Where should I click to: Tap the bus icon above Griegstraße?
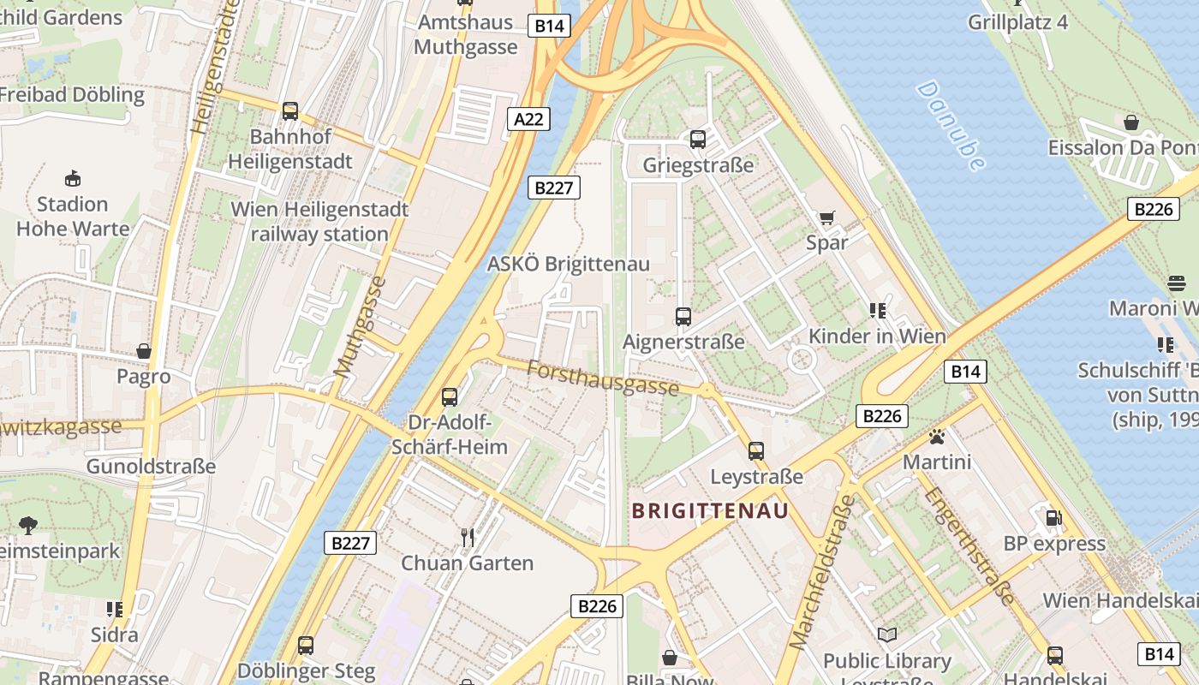click(698, 139)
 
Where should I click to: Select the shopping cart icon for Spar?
click(826, 217)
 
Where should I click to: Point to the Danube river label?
click(951, 126)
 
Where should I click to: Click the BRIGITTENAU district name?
click(709, 511)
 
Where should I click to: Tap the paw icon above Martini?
click(937, 438)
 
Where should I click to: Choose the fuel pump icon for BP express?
click(1053, 518)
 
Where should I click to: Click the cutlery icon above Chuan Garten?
click(468, 538)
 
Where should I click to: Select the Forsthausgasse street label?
click(603, 378)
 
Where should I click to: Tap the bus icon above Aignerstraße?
click(683, 317)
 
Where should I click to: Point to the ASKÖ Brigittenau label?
click(568, 264)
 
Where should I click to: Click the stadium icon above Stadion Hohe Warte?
click(73, 179)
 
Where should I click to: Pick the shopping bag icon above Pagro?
click(144, 351)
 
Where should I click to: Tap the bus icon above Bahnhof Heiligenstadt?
click(290, 111)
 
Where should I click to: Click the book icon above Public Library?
click(887, 635)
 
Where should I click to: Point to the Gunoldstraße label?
click(151, 467)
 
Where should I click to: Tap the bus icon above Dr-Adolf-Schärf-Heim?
click(450, 397)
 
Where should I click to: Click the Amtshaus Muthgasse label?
click(466, 34)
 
